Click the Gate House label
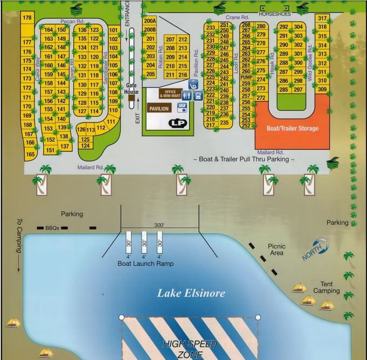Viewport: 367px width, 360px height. [132, 88]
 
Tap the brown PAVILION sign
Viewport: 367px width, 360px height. [159, 108]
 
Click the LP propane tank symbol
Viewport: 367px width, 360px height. [176, 123]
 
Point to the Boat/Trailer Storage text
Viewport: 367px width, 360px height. [293, 128]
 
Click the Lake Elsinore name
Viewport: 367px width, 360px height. [191, 294]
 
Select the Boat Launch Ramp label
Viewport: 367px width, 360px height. [144, 264]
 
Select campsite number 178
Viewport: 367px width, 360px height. [26, 18]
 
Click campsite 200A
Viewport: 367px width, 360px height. [150, 21]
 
